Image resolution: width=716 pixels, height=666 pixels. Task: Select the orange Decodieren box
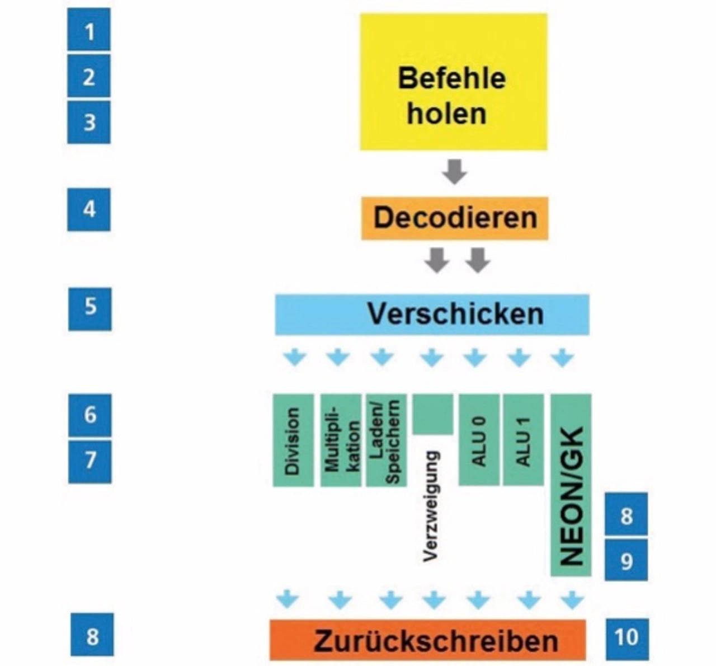click(x=454, y=218)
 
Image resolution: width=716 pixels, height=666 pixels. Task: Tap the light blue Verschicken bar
click(x=432, y=314)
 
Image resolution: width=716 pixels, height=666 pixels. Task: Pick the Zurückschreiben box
click(x=428, y=640)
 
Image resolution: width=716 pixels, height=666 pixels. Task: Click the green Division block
click(x=293, y=440)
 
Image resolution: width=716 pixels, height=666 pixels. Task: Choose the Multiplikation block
click(x=340, y=440)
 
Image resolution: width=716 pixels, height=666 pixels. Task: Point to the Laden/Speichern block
click(x=386, y=440)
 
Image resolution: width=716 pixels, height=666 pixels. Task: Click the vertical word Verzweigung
click(x=431, y=506)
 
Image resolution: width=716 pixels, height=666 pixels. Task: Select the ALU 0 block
click(x=479, y=440)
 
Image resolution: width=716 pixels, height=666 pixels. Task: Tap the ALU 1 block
click(x=523, y=440)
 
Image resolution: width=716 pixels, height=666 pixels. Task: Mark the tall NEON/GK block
click(x=571, y=485)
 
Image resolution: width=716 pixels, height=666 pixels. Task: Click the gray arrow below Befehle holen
click(x=454, y=171)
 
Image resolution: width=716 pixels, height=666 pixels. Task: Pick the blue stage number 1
click(x=89, y=31)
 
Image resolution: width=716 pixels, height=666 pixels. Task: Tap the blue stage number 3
click(x=89, y=122)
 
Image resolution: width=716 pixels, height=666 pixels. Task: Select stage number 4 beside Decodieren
click(x=89, y=209)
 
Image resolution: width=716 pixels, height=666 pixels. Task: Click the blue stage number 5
click(x=89, y=307)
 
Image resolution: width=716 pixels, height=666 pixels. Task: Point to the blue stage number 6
click(x=89, y=415)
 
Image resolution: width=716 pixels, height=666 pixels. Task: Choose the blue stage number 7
click(x=89, y=461)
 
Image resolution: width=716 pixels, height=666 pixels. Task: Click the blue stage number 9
click(x=626, y=560)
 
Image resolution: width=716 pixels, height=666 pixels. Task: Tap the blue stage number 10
click(x=626, y=637)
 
